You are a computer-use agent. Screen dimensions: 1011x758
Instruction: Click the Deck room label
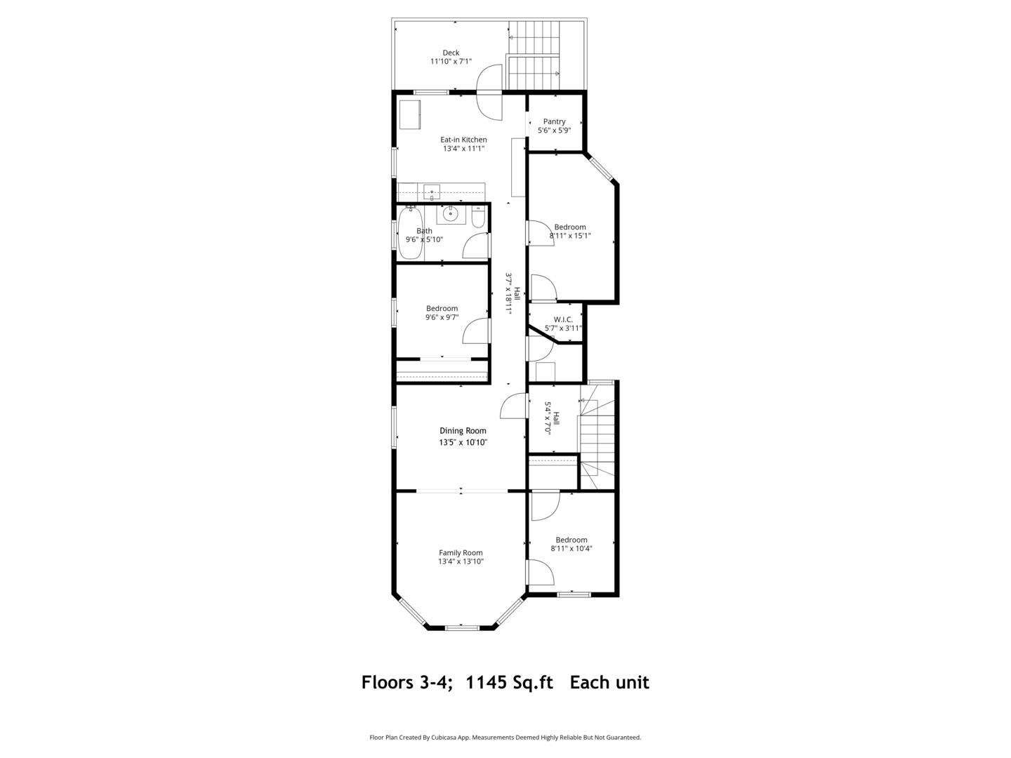click(451, 53)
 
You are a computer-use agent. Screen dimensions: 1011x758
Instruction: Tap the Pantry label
click(554, 121)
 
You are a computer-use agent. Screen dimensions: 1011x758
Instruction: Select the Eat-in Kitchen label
click(463, 140)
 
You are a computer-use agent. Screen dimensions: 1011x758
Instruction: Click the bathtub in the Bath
click(410, 233)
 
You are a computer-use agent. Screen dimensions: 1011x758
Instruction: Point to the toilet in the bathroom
click(478, 217)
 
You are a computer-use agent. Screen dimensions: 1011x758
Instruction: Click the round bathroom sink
click(450, 214)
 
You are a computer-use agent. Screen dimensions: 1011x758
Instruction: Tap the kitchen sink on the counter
click(432, 192)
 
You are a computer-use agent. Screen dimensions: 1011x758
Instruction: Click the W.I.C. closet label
click(563, 319)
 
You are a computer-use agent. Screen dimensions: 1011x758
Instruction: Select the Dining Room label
click(463, 431)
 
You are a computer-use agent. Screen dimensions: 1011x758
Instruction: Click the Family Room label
click(461, 553)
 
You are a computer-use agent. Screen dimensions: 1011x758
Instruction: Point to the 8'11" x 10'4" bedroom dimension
click(571, 549)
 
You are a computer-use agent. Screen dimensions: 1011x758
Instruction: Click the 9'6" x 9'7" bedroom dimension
click(442, 317)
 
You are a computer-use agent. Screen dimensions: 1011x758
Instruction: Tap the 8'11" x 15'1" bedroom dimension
click(570, 236)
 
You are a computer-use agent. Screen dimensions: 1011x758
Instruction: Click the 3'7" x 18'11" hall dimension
click(509, 293)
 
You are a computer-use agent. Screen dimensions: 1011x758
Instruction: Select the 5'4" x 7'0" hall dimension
click(548, 418)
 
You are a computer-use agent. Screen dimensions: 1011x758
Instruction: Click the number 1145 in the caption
click(487, 682)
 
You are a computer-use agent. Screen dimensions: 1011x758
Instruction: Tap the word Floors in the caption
click(388, 682)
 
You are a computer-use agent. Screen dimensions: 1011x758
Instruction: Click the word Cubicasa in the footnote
click(444, 737)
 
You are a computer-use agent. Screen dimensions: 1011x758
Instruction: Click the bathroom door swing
click(475, 246)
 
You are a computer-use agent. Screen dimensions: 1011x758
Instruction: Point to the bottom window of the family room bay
click(461, 627)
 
